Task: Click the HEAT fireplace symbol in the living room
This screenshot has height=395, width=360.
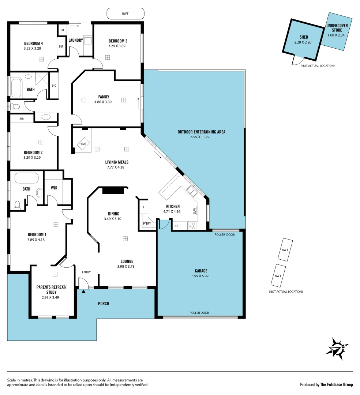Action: coord(83,144)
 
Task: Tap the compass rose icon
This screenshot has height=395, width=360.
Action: coord(337,348)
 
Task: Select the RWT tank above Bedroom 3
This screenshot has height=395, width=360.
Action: coord(125,14)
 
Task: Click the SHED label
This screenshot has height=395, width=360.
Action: coord(303,37)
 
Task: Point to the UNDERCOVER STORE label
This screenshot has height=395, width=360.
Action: coord(337,28)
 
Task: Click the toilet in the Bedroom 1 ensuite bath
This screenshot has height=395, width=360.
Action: coord(17,205)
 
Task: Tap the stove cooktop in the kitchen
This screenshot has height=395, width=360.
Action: coord(191,226)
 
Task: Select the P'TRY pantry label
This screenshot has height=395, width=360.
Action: coord(147,224)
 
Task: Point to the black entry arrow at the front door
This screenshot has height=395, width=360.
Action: coord(84,291)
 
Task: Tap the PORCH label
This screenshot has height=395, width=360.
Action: coord(103,304)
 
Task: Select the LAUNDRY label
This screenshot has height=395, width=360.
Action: coord(75,40)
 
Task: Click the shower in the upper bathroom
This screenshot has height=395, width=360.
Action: coord(41,78)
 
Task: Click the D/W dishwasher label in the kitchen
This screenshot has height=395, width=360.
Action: coord(195,211)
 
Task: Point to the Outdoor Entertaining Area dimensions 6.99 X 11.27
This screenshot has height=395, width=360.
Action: coord(201,137)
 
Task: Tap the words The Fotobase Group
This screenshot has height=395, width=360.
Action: coord(337,384)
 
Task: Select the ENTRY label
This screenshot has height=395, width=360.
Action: coord(86,272)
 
